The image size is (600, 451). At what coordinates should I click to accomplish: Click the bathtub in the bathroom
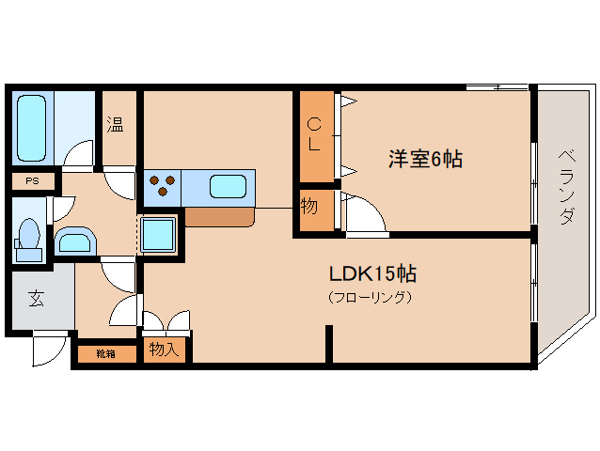click(32, 128)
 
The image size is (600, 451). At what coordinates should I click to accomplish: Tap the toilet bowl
click(29, 240)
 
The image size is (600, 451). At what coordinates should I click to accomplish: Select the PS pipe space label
click(33, 180)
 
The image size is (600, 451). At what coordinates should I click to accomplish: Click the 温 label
click(115, 124)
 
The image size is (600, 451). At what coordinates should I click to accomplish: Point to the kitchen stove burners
click(163, 184)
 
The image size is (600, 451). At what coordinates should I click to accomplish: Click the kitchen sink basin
click(228, 186)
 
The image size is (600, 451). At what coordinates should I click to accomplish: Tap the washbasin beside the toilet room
click(75, 241)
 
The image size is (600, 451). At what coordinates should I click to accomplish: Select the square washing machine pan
click(158, 235)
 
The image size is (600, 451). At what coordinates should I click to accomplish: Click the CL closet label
click(314, 134)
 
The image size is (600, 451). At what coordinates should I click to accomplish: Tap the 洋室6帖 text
click(425, 159)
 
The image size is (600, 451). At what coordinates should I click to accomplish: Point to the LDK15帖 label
click(372, 273)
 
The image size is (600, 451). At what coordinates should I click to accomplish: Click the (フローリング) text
click(370, 297)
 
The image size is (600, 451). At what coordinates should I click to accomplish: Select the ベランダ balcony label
click(566, 187)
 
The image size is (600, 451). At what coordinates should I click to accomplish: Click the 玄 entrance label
click(37, 298)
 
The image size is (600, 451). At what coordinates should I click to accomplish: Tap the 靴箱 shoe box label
click(105, 354)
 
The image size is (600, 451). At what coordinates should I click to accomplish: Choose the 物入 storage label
click(165, 349)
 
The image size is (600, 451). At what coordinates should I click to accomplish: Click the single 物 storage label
click(308, 207)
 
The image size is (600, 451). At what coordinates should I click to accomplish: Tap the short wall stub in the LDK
click(329, 344)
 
